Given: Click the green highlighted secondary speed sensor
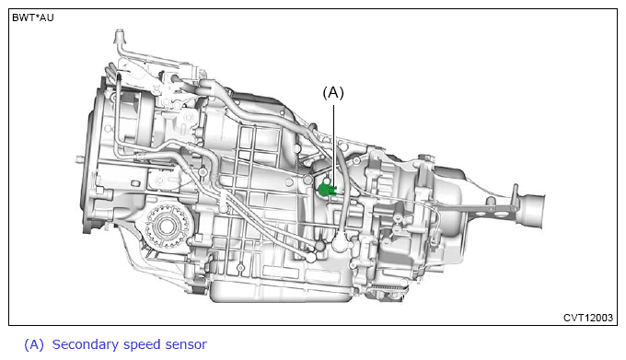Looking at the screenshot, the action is click(327, 189).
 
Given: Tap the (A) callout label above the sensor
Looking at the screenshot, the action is click(333, 93).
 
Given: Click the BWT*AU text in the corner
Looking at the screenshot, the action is click(33, 18).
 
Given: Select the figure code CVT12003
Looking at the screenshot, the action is click(587, 318).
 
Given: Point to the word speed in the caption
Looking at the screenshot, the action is click(142, 345).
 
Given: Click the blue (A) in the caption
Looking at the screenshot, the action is click(34, 344).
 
